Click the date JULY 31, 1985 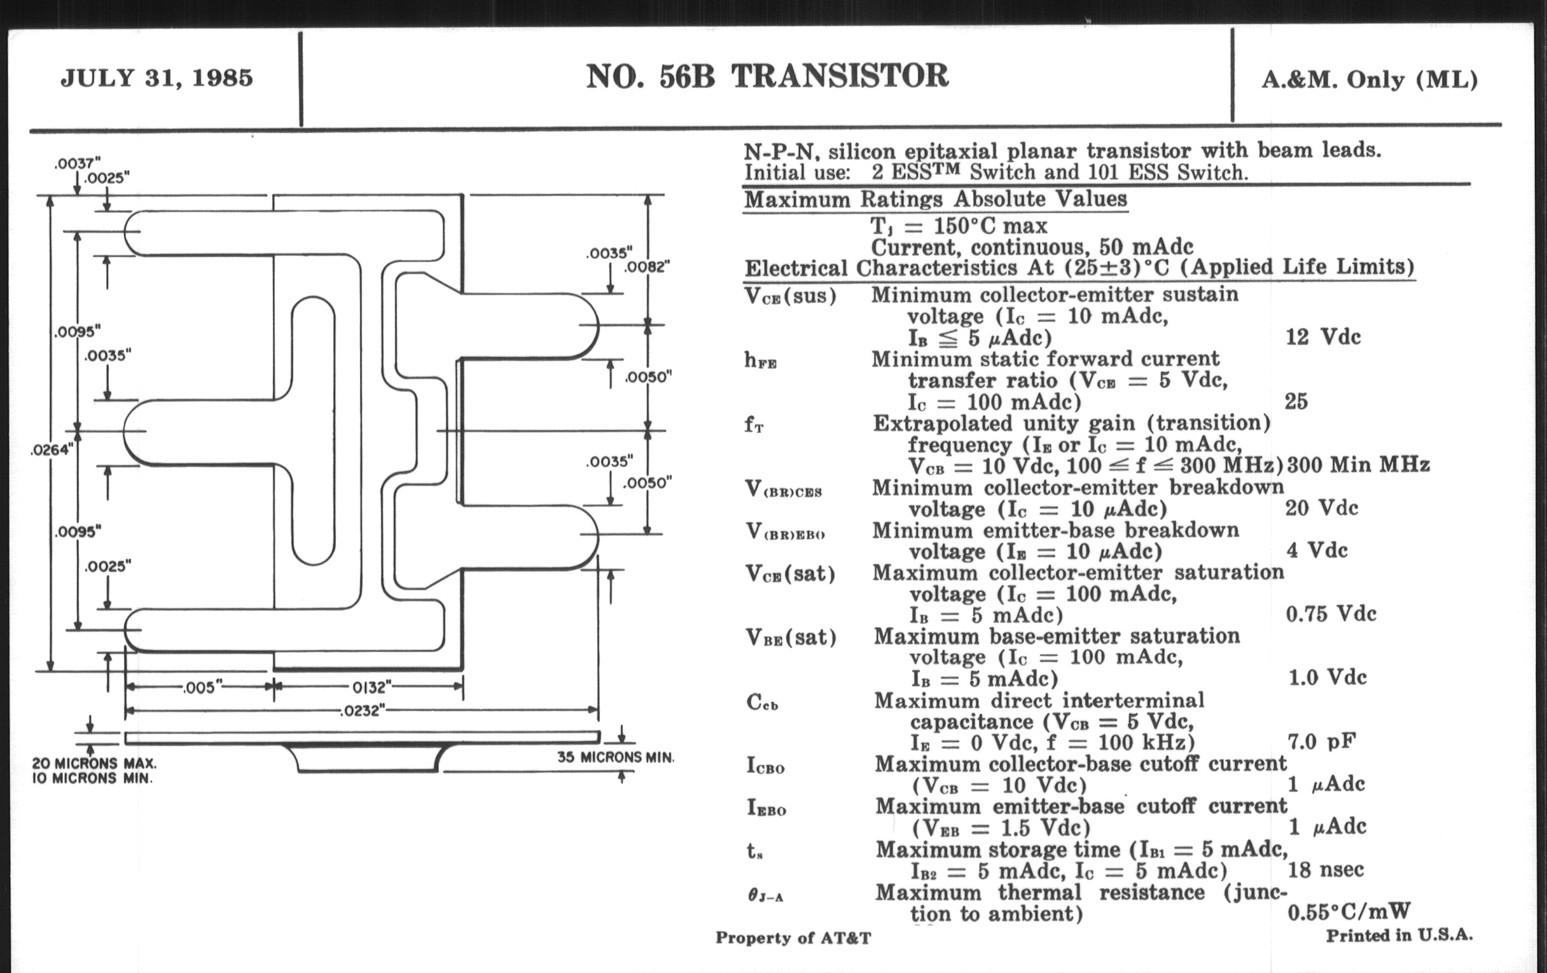tap(156, 78)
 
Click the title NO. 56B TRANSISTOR tap(767, 76)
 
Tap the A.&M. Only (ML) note tap(1370, 79)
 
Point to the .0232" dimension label tap(363, 711)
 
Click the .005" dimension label tap(202, 688)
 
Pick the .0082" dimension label tap(648, 266)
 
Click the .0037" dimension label tap(78, 164)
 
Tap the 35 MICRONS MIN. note tap(616, 758)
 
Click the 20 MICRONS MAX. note tap(94, 764)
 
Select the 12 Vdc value tap(1323, 337)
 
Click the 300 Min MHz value tap(1358, 464)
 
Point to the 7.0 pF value tap(1322, 742)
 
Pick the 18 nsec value tap(1326, 869)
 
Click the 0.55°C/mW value tap(1349, 912)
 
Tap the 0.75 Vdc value tap(1331, 614)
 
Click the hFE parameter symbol tap(761, 361)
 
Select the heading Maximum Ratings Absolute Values tap(936, 200)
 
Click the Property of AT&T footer tap(793, 938)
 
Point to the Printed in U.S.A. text tap(1399, 935)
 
